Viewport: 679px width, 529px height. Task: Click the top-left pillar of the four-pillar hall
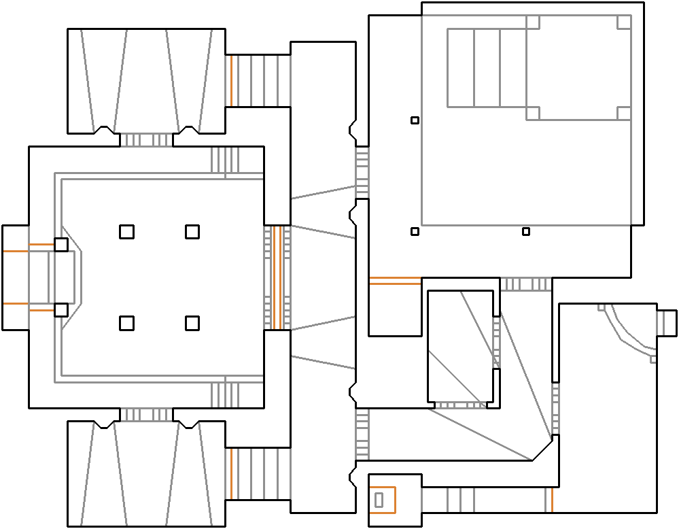click(x=126, y=232)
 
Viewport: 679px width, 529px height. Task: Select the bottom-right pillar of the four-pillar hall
click(x=192, y=323)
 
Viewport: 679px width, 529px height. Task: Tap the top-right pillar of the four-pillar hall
click(x=192, y=232)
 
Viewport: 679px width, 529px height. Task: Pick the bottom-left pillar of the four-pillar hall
click(x=126, y=323)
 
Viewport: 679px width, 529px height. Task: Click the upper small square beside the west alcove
click(x=61, y=245)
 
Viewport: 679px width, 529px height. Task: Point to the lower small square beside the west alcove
click(x=61, y=310)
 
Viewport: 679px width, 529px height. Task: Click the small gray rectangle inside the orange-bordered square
click(x=379, y=500)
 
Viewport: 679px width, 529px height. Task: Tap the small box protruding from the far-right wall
click(x=667, y=322)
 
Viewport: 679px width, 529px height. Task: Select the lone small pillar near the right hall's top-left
click(x=415, y=120)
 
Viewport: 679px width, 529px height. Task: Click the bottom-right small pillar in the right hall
click(x=525, y=232)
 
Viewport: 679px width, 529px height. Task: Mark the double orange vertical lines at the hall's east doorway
click(x=277, y=277)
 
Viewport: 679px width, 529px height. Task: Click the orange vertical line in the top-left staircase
click(x=231, y=81)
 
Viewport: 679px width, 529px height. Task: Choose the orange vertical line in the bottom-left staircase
click(x=231, y=474)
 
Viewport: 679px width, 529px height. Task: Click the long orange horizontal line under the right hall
click(x=395, y=281)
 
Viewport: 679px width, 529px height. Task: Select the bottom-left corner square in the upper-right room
click(x=533, y=114)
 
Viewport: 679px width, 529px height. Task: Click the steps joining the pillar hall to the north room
click(x=146, y=140)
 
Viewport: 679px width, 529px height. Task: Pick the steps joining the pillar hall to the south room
click(x=146, y=415)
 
